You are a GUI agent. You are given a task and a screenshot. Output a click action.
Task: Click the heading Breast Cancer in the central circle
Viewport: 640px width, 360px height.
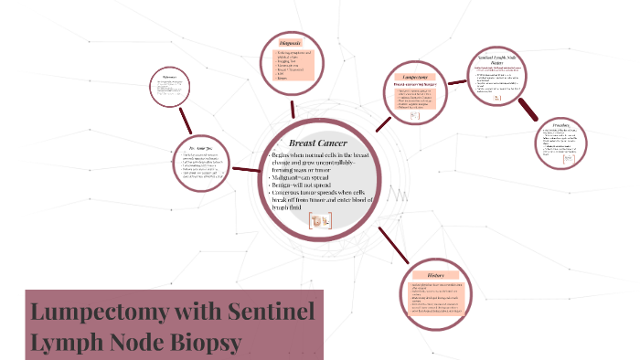coord(317,144)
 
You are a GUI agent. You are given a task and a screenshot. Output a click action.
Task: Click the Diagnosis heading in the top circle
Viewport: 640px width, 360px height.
coord(292,43)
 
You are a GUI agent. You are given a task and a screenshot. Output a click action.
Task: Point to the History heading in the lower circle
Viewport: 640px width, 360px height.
coord(434,273)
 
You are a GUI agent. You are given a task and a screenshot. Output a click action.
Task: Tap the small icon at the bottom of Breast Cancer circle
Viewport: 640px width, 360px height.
coord(320,219)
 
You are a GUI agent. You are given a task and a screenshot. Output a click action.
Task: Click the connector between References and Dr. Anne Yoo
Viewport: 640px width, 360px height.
coord(185,118)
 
